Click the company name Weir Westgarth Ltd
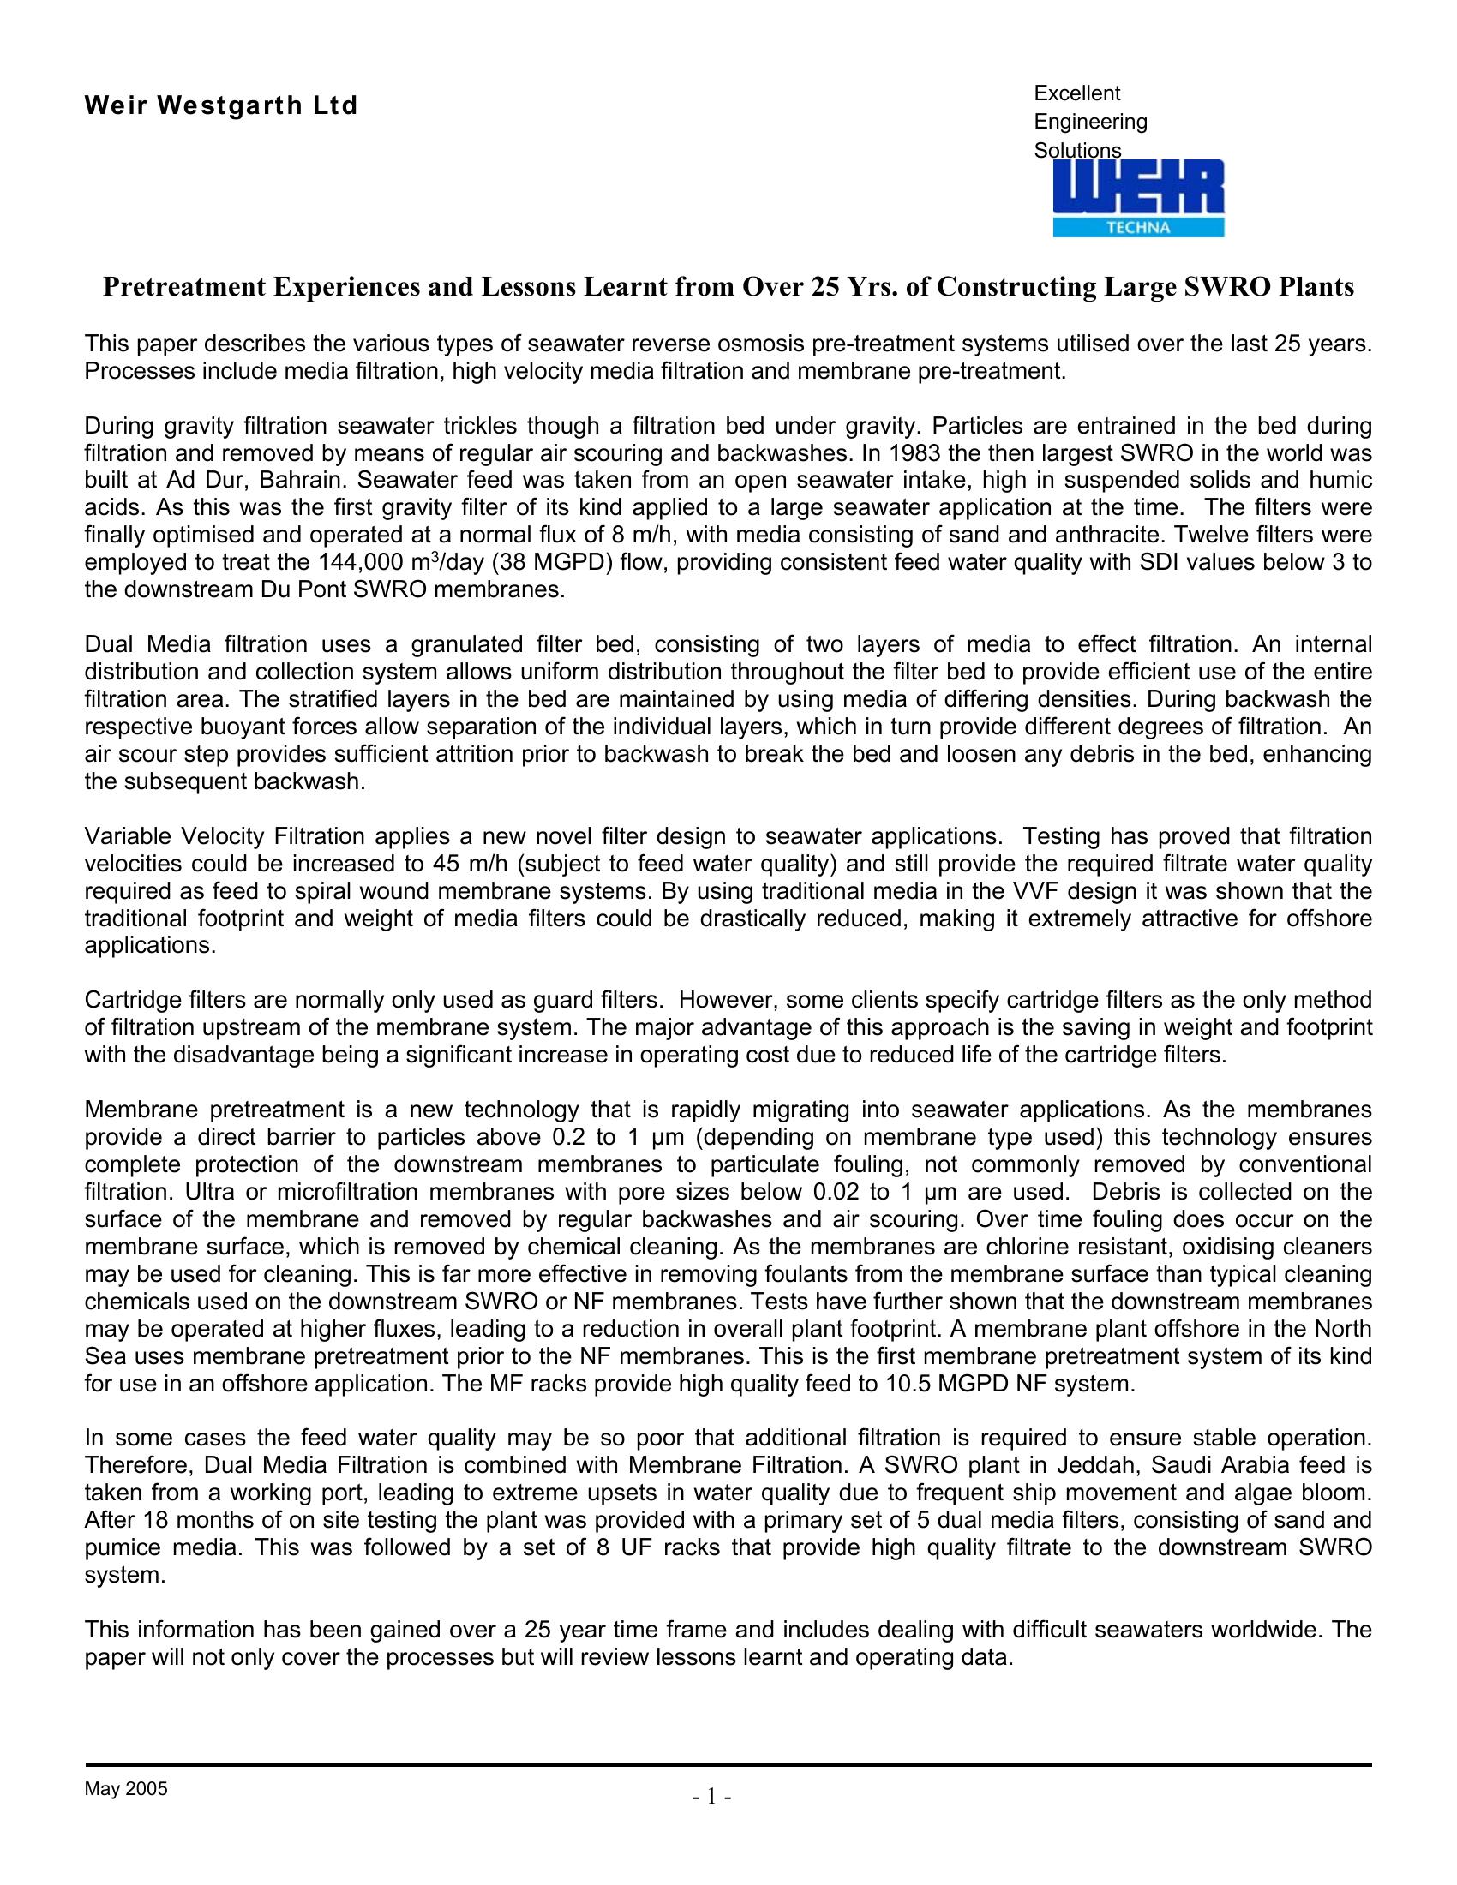pyautogui.click(x=221, y=106)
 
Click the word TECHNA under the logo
pyautogui.click(x=1137, y=228)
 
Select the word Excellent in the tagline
pyautogui.click(x=1076, y=93)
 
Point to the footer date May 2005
pyautogui.click(x=126, y=1788)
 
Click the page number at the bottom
pyautogui.click(x=712, y=1798)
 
